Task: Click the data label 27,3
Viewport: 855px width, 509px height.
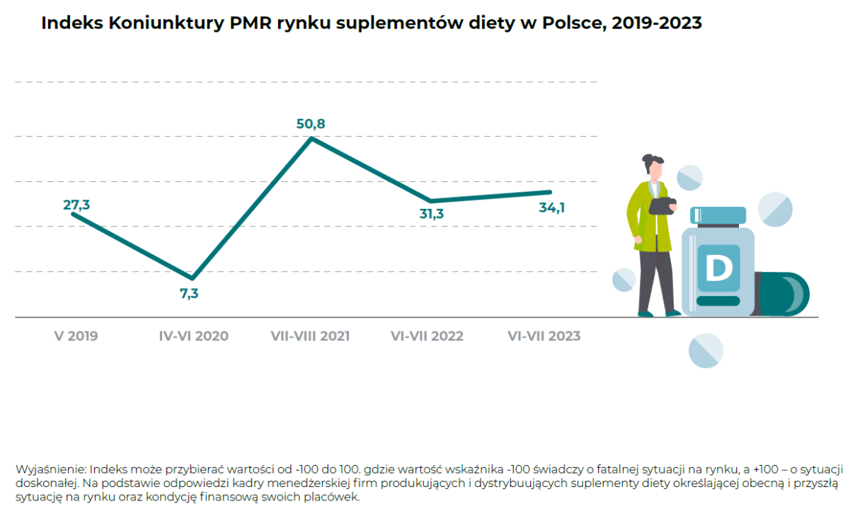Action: point(76,205)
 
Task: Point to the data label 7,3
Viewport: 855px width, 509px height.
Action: point(189,292)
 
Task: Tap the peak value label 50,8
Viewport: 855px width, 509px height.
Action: point(311,124)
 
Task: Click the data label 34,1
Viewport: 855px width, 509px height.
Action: point(551,207)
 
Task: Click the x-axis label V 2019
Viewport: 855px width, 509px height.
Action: point(76,336)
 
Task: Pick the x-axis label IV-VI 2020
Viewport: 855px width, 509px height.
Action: point(193,336)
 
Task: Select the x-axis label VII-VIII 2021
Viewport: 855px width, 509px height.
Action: point(310,336)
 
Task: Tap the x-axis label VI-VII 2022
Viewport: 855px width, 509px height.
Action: point(427,336)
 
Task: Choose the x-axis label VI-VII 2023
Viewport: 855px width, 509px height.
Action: point(544,336)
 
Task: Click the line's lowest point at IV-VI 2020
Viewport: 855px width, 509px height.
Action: point(191,278)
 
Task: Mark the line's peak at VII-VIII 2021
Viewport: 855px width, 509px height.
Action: point(311,138)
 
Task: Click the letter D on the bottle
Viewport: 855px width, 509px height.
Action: point(718,268)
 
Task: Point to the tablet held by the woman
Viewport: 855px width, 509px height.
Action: point(662,205)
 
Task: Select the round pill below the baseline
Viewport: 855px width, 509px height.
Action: point(706,350)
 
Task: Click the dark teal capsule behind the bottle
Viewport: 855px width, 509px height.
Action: point(786,294)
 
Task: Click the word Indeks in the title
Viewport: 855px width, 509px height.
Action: point(71,23)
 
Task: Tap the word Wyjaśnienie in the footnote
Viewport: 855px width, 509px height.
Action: point(50,470)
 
